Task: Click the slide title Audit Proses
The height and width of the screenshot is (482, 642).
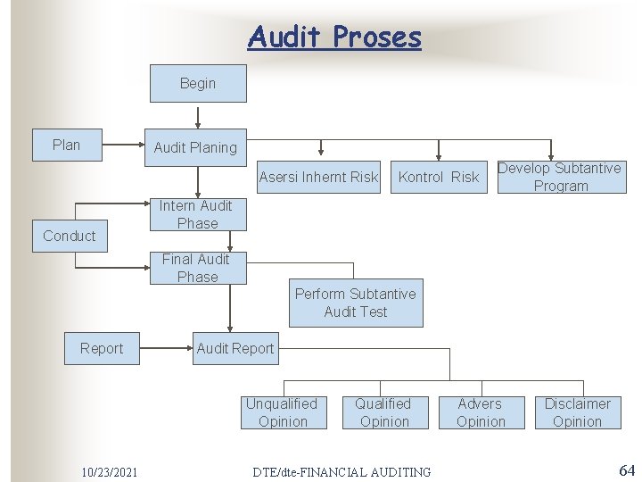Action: (x=334, y=37)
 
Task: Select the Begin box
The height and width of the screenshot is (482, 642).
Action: (x=197, y=84)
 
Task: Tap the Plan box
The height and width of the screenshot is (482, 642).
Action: (x=67, y=145)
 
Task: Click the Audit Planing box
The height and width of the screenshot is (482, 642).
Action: (x=195, y=147)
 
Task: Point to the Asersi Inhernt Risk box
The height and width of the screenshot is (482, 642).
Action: (x=318, y=177)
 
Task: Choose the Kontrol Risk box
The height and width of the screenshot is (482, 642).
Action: (x=438, y=177)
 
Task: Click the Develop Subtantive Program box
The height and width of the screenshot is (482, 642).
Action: (x=559, y=177)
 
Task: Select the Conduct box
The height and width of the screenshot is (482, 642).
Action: (x=70, y=236)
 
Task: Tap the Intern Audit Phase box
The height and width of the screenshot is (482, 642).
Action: (x=197, y=214)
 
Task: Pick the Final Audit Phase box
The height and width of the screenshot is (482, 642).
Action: (x=196, y=268)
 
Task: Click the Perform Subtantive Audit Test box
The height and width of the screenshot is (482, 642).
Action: (x=356, y=303)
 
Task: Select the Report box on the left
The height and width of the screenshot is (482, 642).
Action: (x=102, y=348)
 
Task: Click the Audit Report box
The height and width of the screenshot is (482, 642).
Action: (x=235, y=348)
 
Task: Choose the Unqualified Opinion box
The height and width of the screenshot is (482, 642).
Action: (x=282, y=412)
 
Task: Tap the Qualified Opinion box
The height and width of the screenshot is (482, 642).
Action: (x=383, y=412)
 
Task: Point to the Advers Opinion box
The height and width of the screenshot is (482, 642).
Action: (x=481, y=412)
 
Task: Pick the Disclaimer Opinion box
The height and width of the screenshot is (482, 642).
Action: (x=577, y=412)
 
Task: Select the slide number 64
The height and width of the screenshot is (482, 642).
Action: (x=626, y=470)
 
